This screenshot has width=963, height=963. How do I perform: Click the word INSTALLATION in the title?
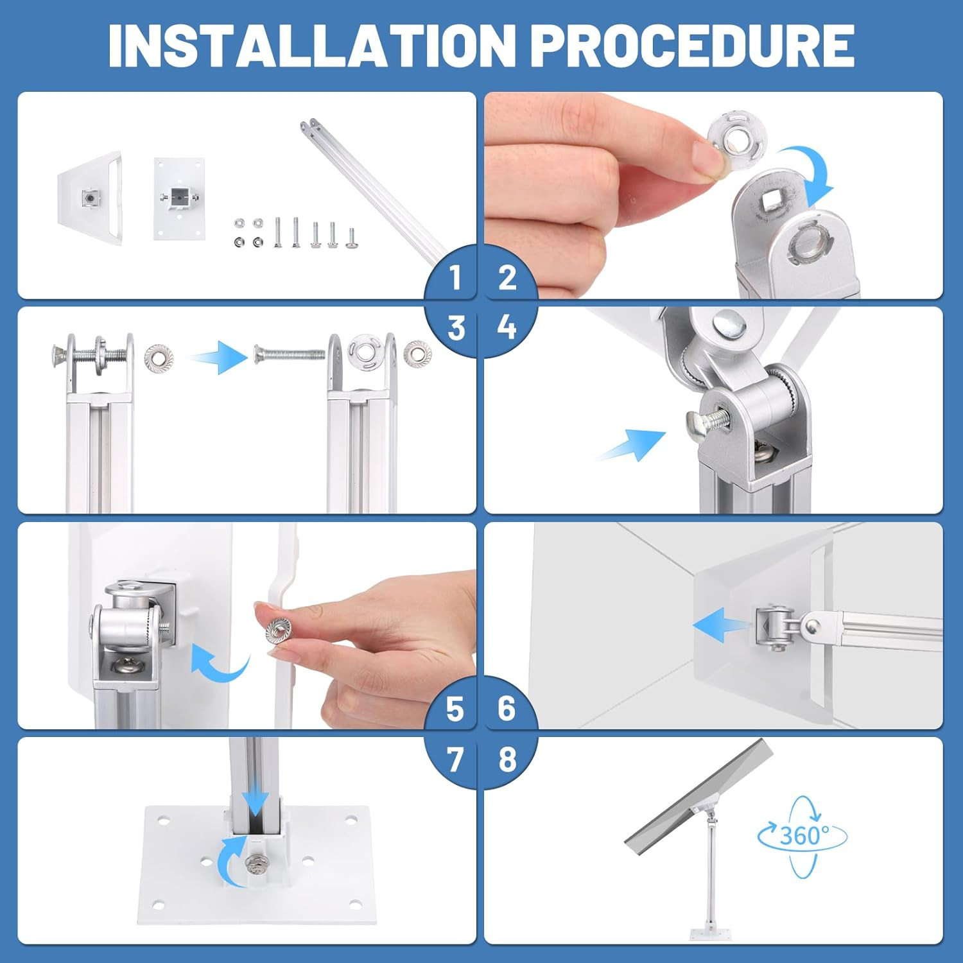[x=312, y=45]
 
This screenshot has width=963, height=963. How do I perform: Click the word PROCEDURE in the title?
[x=693, y=45]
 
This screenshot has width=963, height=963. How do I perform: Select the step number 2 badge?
[x=507, y=277]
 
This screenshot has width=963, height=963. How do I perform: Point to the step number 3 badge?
[x=455, y=328]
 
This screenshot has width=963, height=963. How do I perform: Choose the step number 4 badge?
[x=507, y=328]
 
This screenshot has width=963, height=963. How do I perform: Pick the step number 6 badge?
[x=507, y=709]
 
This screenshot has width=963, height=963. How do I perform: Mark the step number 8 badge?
[x=507, y=759]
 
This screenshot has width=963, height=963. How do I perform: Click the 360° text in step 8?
[x=804, y=835]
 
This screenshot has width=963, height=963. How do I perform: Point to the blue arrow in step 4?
[x=631, y=445]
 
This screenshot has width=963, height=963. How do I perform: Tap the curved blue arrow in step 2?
[x=808, y=173]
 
